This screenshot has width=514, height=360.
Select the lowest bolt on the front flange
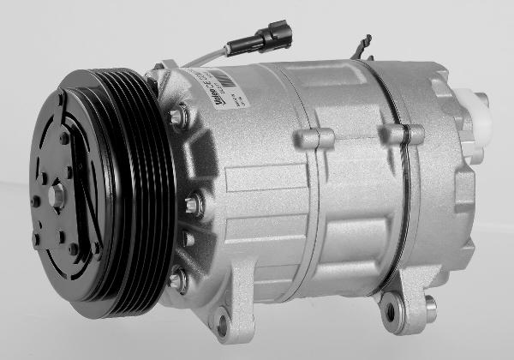pyautogui.click(x=177, y=279)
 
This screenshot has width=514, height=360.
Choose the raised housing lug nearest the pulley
pyautogui.click(x=315, y=138)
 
